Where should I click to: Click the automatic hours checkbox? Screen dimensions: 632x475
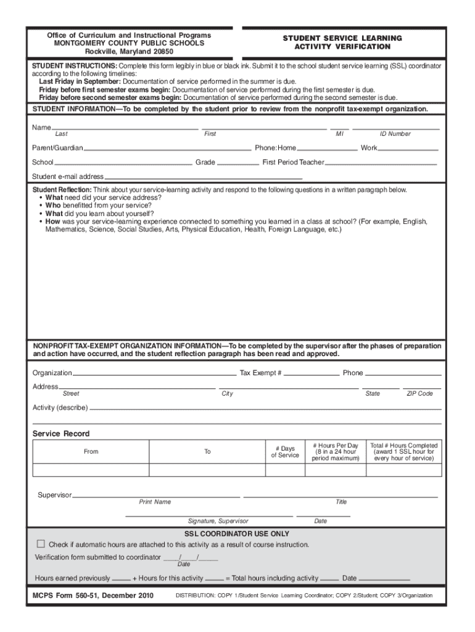click(x=41, y=544)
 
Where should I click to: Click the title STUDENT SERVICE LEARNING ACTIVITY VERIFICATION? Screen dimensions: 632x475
click(x=342, y=43)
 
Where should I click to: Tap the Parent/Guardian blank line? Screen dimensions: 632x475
click(x=168, y=149)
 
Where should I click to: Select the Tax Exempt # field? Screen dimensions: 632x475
click(x=312, y=373)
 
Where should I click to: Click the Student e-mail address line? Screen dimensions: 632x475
click(x=203, y=177)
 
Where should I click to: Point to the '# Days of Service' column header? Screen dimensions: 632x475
click(x=284, y=452)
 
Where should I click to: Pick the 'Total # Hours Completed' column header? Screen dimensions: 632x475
click(x=404, y=452)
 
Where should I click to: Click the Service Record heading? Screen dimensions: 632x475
click(x=60, y=434)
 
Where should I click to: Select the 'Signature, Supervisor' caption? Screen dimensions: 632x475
click(x=218, y=521)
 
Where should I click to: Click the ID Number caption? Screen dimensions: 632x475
click(x=395, y=134)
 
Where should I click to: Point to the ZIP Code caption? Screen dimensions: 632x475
click(x=419, y=394)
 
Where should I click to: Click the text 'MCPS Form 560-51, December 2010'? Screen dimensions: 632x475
click(x=93, y=596)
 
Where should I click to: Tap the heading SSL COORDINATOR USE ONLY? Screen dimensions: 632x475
click(x=237, y=534)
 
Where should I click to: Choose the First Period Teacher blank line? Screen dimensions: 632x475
click(x=381, y=164)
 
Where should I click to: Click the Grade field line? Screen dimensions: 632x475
click(x=238, y=164)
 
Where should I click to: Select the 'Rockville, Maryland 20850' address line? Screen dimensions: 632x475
click(x=129, y=52)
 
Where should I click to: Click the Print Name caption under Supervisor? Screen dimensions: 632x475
click(x=155, y=502)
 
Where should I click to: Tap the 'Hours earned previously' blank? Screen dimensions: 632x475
click(x=122, y=580)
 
